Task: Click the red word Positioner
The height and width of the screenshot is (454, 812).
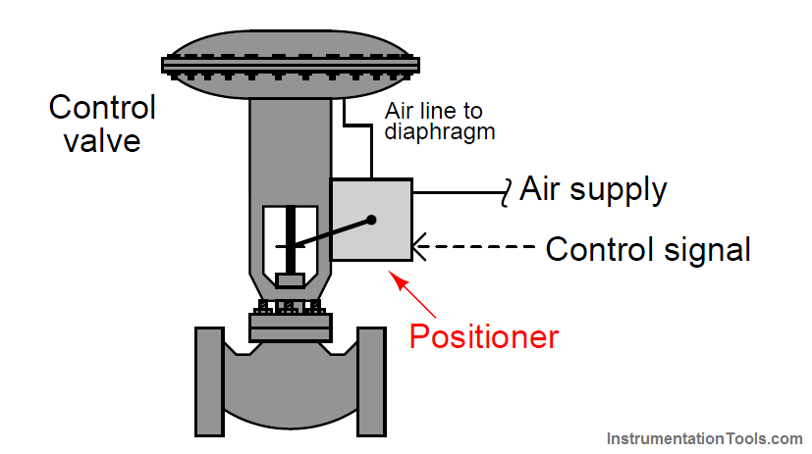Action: coord(483,336)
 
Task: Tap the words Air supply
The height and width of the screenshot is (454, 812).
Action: coord(593,188)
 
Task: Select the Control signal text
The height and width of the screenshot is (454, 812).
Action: coord(648,249)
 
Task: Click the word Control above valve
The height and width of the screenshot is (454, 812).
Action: coord(102,107)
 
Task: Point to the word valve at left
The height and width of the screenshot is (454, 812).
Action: coord(102,140)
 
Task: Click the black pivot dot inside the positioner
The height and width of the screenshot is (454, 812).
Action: coord(372,221)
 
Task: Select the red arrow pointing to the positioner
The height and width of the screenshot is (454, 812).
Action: coord(412,295)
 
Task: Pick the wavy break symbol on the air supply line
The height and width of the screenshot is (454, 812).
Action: coord(509,190)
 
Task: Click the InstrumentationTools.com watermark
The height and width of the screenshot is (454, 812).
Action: coord(704,438)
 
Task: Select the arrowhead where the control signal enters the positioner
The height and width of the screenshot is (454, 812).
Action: coord(419,249)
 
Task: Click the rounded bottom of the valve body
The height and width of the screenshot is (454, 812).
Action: coord(290,412)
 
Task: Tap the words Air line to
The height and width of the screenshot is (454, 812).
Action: coord(433,111)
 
